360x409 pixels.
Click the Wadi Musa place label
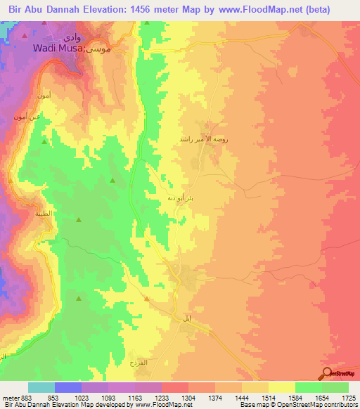[60, 48]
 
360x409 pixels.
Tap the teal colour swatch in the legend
[41, 387]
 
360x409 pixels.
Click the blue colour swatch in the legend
[68, 387]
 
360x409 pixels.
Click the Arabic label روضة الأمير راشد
[210, 139]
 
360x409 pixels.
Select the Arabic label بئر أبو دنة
[181, 197]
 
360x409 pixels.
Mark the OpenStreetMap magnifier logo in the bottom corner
[328, 372]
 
